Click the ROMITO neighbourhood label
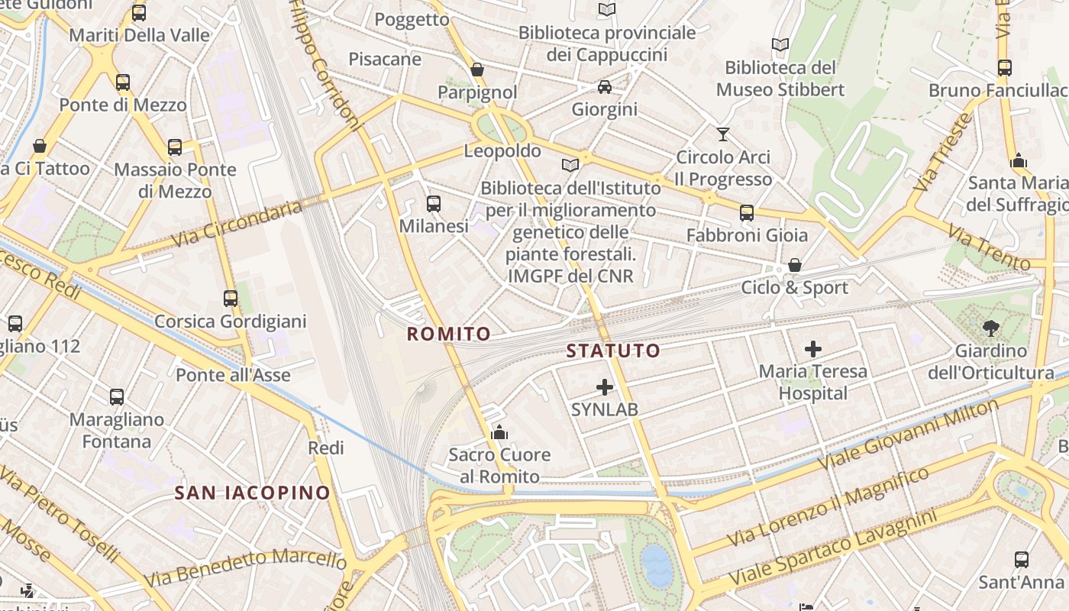pos(448,334)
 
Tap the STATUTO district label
pos(612,351)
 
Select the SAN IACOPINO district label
pos(252,493)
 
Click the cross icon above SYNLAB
pos(605,387)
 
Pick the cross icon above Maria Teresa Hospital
pos(813,350)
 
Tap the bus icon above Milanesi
pos(434,204)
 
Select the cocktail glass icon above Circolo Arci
pos(723,135)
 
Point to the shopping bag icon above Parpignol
pos(477,70)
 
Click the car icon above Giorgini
pos(605,87)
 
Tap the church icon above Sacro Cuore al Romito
pos(499,433)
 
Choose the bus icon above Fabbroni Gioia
pos(747,213)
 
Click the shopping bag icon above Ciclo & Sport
pos(795,266)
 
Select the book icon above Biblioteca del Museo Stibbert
pos(780,45)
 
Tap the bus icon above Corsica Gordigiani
pos(231,299)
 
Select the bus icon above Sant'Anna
pos(1022,560)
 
